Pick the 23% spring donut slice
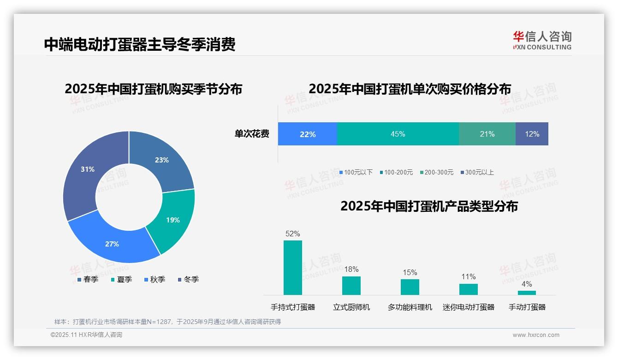pos(161,160)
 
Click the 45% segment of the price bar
pos(398,134)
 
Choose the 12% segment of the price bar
pos(532,134)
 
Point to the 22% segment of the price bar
pos(308,134)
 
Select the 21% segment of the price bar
pos(487,134)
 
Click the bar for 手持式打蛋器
pos(293,267)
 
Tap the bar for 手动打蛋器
pos(527,293)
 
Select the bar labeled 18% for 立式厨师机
pos(351,285)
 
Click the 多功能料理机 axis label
pos(410,307)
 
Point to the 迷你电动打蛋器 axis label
pos(469,307)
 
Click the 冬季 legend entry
pos(189,279)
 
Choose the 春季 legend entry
pos(88,279)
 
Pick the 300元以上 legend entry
pos(477,172)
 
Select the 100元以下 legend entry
pos(356,172)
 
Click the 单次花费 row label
pos(252,134)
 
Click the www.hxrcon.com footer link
pos(536,335)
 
